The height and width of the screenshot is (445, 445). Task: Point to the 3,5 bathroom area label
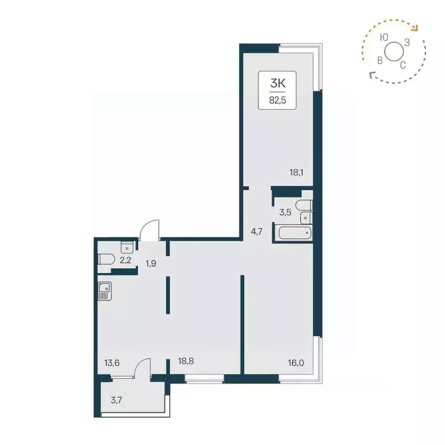point(285,212)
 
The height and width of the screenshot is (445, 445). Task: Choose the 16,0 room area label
point(296,363)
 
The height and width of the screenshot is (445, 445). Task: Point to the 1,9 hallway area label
point(151,264)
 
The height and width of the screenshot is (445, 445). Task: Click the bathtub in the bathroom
point(295,234)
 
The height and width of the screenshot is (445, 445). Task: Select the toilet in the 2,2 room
point(105,260)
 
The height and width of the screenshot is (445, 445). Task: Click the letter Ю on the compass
point(384,37)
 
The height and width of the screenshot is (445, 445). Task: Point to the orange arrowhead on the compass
point(414,27)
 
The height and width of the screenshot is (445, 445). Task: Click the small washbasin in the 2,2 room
point(127,247)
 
